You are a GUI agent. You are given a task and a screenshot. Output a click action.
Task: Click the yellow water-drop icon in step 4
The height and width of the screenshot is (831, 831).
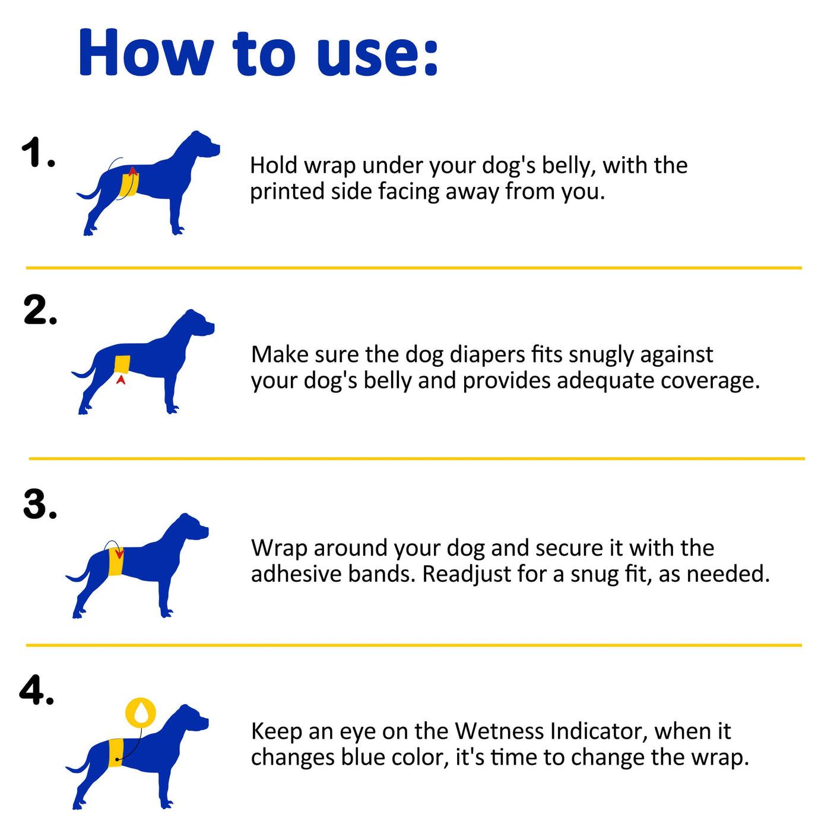click(x=141, y=712)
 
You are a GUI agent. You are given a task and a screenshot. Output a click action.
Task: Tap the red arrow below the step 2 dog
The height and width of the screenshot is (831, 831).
click(x=121, y=379)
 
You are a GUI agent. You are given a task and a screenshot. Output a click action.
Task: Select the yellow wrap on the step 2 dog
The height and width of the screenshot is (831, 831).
click(x=122, y=364)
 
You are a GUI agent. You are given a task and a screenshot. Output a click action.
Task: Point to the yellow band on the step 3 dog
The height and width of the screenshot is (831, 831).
click(x=116, y=560)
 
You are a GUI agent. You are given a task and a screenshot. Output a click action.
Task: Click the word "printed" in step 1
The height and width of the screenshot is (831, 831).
click(x=287, y=192)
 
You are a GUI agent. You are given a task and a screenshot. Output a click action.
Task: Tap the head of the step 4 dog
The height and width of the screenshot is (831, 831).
click(x=192, y=719)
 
